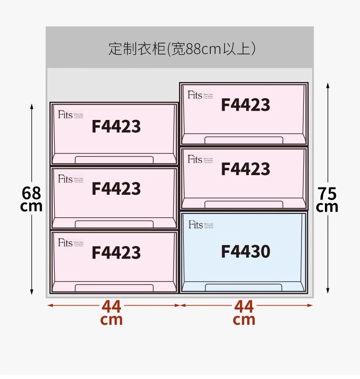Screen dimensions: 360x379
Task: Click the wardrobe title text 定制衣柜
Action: (137, 49)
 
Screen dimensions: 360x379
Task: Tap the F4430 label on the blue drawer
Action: (245, 251)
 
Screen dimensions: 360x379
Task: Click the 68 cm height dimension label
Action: (32, 199)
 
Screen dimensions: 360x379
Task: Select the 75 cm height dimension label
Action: (327, 200)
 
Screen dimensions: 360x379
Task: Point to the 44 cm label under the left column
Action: (112, 312)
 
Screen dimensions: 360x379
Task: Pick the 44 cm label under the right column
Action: (244, 312)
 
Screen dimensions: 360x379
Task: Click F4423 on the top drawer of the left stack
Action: (116, 127)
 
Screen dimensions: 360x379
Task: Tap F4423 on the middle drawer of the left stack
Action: (116, 189)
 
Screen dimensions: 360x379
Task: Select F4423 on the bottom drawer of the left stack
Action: (116, 252)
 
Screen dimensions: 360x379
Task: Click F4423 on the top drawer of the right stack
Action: (245, 105)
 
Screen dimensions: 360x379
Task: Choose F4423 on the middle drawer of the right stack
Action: (245, 169)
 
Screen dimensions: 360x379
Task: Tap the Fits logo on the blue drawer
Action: (195, 225)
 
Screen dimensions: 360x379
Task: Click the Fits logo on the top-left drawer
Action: (65, 115)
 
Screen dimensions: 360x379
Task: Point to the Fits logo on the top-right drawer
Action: (195, 95)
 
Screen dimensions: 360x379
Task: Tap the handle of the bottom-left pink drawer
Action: (114, 287)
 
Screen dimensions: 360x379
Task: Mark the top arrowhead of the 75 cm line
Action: (328, 85)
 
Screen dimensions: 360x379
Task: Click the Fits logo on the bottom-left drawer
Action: (65, 242)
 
